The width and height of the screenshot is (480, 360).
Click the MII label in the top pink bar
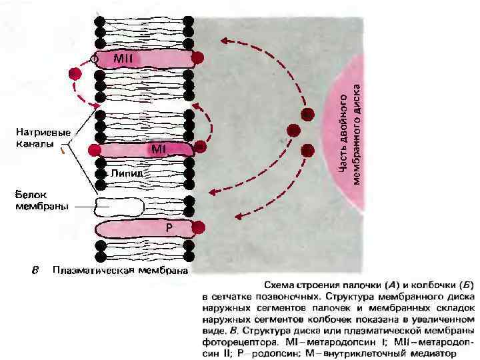123,59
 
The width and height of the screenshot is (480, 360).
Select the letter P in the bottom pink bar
170,228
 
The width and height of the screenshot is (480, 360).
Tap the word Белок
29,195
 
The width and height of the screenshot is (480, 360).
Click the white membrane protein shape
120,207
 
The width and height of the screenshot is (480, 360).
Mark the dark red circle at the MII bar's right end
197,57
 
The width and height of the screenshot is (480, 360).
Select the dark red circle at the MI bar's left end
94,149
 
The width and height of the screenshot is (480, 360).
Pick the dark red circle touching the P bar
198,230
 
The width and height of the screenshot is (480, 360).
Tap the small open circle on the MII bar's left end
94,59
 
